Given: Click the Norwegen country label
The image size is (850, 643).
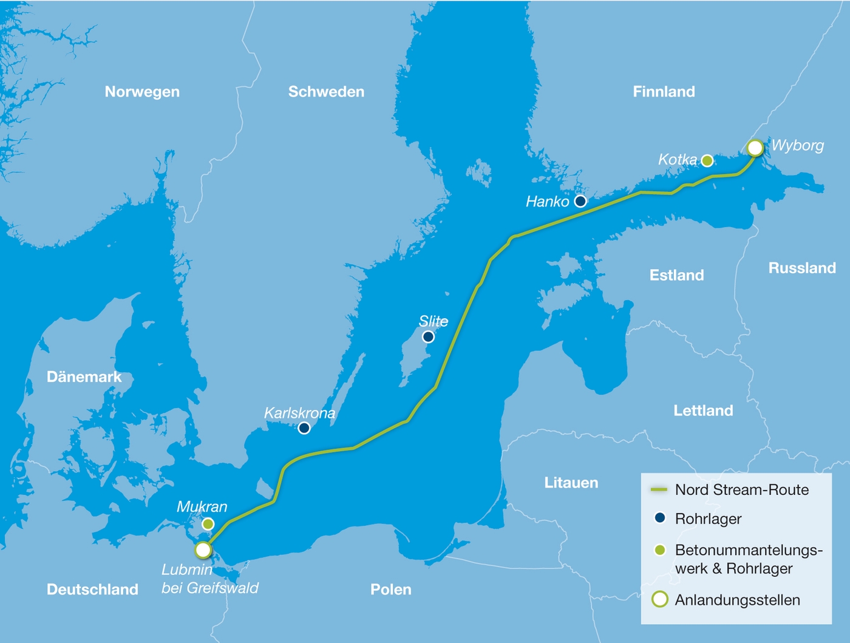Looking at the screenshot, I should pos(142,92).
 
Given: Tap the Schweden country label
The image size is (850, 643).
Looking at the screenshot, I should pos(326,92).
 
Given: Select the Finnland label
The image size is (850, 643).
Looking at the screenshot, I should pos(664,92).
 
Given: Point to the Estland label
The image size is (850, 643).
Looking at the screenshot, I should pos(676,275).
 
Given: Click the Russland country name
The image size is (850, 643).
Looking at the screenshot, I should pos(802,268).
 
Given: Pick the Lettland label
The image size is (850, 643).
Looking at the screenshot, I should pos(703,410).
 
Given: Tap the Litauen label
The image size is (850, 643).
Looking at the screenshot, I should pos(571,483).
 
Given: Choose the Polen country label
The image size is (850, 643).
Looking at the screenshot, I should pos(390,590).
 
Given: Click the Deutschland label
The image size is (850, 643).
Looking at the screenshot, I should pos(92,590).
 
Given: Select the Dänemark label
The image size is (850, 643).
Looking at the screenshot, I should pos(84,377).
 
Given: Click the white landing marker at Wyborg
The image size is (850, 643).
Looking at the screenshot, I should pos(755,148).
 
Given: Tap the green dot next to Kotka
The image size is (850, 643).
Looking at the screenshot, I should pos(707,160).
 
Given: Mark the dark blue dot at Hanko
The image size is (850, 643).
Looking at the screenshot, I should pos(580,201).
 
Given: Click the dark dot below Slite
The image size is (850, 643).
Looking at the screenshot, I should pos(428,336).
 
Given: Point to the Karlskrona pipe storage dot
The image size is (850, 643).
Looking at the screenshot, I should pos(304,428).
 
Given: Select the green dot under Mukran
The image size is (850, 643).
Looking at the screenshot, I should pos(208,523).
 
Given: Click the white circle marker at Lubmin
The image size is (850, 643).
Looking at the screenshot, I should pos(203,550).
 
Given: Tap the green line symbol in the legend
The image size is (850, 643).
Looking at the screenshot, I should pos(659,489).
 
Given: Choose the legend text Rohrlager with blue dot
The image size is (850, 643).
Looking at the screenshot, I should pos(708,519).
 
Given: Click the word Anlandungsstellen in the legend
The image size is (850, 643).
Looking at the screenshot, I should pos(737,600).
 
